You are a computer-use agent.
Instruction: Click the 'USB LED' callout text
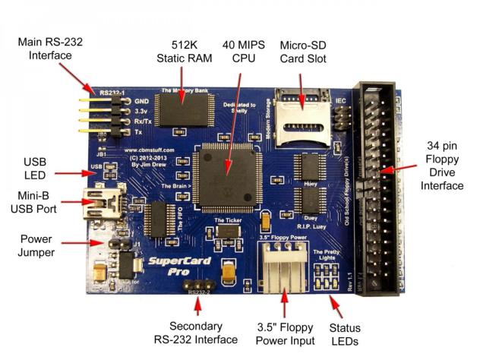tap(35, 167)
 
